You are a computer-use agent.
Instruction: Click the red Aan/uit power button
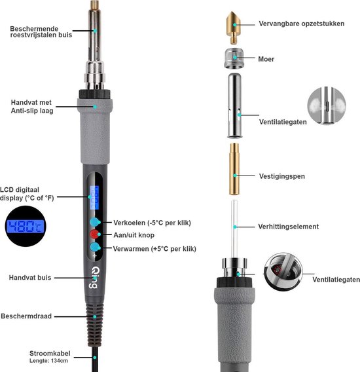click(x=94, y=234)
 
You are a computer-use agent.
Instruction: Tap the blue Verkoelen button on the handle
click(x=95, y=222)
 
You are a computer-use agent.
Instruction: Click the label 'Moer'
click(x=266, y=59)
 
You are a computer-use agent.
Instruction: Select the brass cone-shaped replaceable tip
click(x=234, y=28)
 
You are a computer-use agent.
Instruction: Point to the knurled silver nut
click(x=234, y=58)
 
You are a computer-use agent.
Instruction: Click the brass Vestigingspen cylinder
click(x=234, y=169)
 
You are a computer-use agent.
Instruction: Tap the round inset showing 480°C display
click(x=26, y=226)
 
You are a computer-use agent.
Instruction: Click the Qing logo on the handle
click(x=94, y=278)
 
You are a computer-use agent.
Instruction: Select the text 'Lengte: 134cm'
click(x=48, y=361)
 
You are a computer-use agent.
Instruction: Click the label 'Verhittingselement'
click(x=289, y=227)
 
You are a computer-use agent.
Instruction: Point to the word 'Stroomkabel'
click(x=50, y=353)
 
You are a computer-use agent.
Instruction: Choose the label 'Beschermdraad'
click(x=26, y=316)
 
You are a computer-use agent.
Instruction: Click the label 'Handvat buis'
click(x=30, y=277)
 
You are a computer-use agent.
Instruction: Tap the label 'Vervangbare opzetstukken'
click(x=302, y=24)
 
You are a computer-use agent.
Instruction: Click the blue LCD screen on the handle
click(x=94, y=197)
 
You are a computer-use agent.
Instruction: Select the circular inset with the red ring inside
click(x=283, y=272)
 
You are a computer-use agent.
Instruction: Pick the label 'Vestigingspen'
click(x=282, y=176)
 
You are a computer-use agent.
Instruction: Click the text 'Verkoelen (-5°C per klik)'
click(x=152, y=223)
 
